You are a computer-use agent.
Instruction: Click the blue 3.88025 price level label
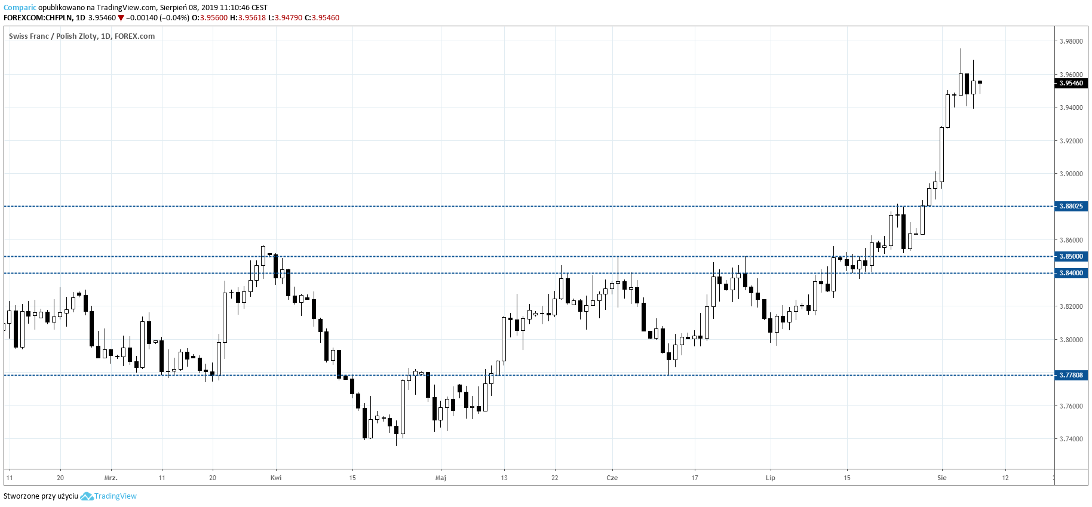pyautogui.click(x=1071, y=206)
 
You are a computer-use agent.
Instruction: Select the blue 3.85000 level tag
pyautogui.click(x=1071, y=256)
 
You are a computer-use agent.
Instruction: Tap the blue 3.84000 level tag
pyautogui.click(x=1071, y=273)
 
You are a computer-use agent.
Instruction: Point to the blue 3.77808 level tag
pyautogui.click(x=1071, y=375)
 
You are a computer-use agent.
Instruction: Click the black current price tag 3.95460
pyautogui.click(x=1071, y=83)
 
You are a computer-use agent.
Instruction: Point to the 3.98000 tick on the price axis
pyautogui.click(x=1071, y=41)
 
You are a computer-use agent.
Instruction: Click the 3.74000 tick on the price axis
pyautogui.click(x=1071, y=439)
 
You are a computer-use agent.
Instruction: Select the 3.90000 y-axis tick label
pyautogui.click(x=1071, y=174)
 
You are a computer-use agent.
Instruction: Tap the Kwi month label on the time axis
pyautogui.click(x=276, y=478)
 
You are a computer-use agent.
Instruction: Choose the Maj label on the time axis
pyautogui.click(x=441, y=478)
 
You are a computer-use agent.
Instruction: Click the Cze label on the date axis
pyautogui.click(x=612, y=478)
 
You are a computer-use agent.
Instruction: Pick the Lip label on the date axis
pyautogui.click(x=771, y=478)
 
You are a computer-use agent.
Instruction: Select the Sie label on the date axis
pyautogui.click(x=942, y=478)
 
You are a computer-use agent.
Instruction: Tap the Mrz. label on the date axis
pyautogui.click(x=111, y=478)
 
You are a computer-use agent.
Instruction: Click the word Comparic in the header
pyautogui.click(x=20, y=8)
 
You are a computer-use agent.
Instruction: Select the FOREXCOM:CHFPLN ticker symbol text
pyautogui.click(x=37, y=18)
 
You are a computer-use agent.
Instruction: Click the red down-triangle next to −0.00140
pyautogui.click(x=121, y=18)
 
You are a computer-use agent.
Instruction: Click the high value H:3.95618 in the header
pyautogui.click(x=248, y=18)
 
